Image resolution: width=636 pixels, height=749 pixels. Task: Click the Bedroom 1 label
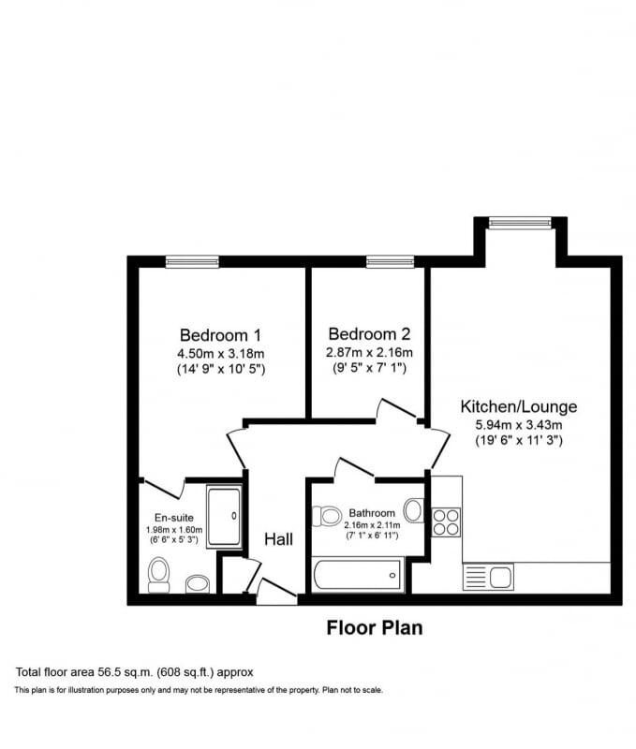tap(220, 334)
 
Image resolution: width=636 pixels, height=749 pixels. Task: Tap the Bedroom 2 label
tap(369, 334)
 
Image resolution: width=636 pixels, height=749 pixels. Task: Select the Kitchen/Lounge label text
tap(518, 407)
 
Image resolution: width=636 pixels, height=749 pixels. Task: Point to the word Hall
tap(279, 539)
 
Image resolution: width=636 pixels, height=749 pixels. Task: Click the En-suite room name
tap(173, 518)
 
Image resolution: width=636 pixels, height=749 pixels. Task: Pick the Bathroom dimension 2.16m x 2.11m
tap(371, 526)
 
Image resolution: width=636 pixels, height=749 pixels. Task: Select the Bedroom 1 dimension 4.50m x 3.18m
tap(220, 353)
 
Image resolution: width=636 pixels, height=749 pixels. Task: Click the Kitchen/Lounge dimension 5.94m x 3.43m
tap(518, 424)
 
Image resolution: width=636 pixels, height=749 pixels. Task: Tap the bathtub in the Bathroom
tap(358, 574)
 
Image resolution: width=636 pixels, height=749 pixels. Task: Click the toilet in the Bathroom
tap(327, 515)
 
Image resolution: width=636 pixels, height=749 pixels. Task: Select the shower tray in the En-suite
tap(225, 516)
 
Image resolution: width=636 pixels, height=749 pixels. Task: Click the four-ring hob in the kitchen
tap(447, 521)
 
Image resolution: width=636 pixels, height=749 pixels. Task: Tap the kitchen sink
tap(487, 577)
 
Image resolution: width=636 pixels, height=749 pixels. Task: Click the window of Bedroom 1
tap(192, 262)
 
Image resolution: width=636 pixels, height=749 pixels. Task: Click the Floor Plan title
tap(374, 628)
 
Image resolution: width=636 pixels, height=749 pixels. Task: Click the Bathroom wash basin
tap(414, 510)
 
